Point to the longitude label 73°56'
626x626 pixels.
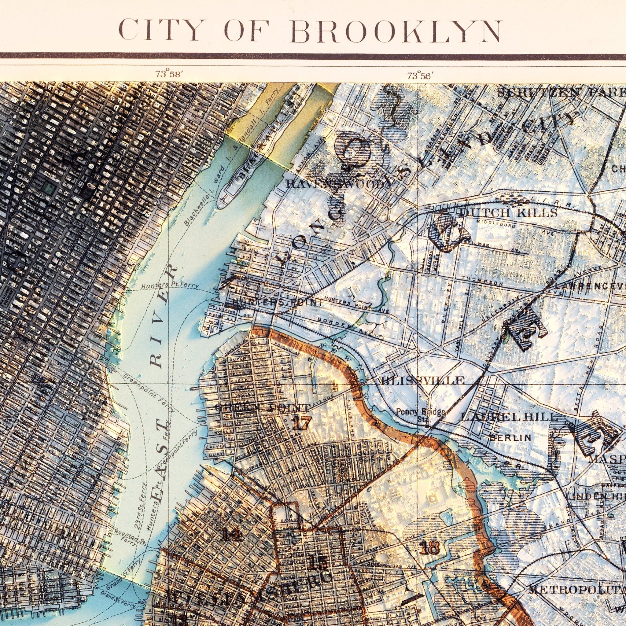tap(421, 76)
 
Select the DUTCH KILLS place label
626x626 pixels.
tap(508, 213)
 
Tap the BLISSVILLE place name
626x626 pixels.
tap(423, 380)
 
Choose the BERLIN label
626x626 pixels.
tap(510, 438)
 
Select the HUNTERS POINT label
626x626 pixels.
tap(277, 302)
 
